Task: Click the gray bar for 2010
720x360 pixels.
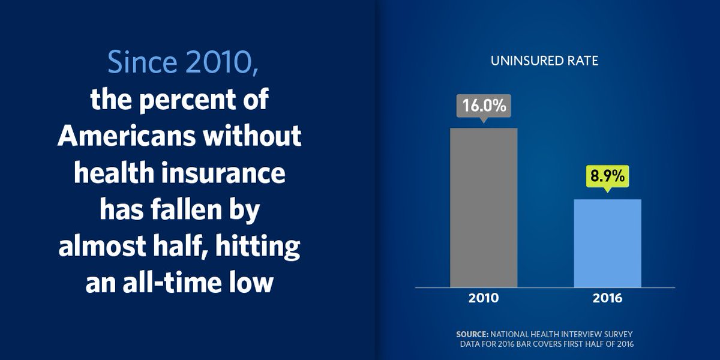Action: [x=484, y=208]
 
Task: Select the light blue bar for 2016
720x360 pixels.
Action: [x=607, y=243]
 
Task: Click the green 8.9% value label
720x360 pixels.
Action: [x=607, y=177]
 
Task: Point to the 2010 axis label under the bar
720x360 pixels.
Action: [x=484, y=298]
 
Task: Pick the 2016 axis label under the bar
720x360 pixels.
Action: [x=607, y=298]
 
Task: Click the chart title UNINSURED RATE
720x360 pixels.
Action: [x=544, y=61]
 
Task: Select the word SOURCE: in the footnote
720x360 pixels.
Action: [x=472, y=334]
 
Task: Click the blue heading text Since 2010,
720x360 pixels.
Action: [x=183, y=62]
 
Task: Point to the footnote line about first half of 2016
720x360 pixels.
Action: [x=547, y=344]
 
